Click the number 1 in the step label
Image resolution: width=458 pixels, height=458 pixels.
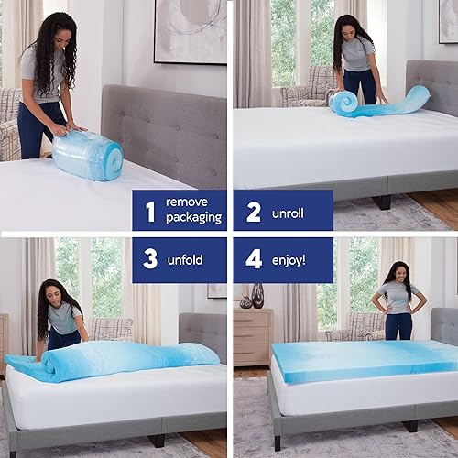pyautogui.click(x=150, y=210)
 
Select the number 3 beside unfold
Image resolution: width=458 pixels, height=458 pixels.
pyautogui.click(x=150, y=259)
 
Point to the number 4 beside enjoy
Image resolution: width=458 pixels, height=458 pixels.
pyautogui.click(x=254, y=259)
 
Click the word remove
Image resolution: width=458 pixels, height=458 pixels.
pyautogui.click(x=187, y=202)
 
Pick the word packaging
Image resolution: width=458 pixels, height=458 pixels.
pyautogui.click(x=193, y=218)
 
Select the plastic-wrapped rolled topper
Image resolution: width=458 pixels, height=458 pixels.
pyautogui.click(x=87, y=154)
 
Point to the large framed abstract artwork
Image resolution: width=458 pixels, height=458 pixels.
pyautogui.click(x=190, y=30)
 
